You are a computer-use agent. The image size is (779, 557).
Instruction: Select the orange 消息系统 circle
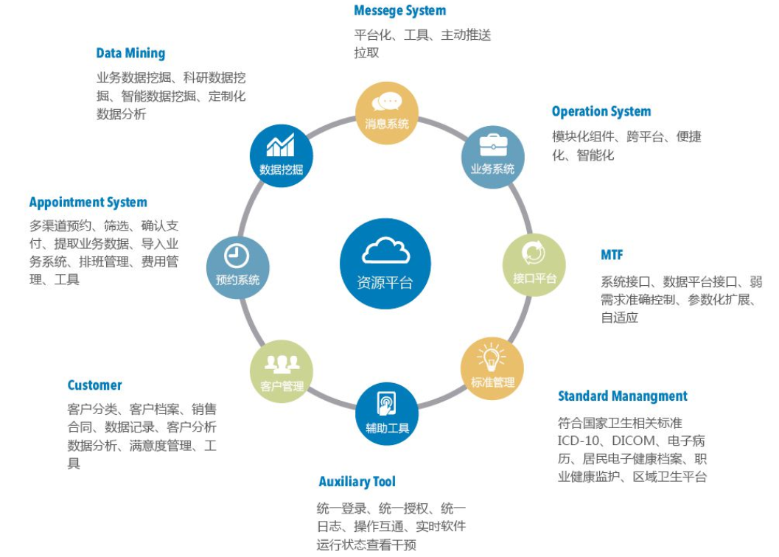click(387, 113)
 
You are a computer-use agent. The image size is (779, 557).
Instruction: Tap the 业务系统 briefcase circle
click(492, 157)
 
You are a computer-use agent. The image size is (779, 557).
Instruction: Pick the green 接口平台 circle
click(534, 265)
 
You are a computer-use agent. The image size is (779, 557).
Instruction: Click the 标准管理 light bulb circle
click(492, 368)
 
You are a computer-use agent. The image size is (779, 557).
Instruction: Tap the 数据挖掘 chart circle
click(282, 156)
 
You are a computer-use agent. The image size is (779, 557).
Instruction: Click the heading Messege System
click(399, 10)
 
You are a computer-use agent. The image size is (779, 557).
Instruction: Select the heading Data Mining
click(130, 53)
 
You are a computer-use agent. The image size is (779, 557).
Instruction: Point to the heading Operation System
click(601, 111)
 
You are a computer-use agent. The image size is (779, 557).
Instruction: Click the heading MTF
click(612, 255)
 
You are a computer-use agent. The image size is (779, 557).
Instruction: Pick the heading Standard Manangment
click(622, 396)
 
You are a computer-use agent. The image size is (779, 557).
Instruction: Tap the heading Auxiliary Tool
click(357, 482)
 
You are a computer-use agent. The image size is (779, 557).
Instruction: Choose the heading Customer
click(94, 385)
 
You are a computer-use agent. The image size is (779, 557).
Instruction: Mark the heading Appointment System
click(88, 202)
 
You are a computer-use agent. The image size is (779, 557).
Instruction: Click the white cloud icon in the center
click(385, 251)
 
